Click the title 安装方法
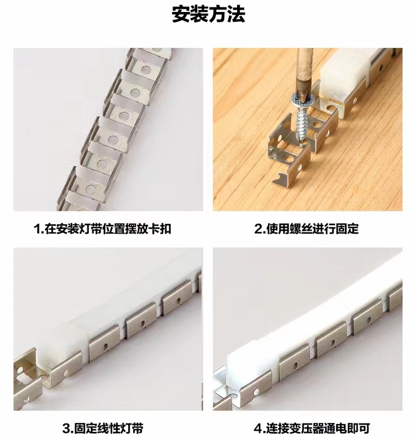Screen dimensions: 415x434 209,15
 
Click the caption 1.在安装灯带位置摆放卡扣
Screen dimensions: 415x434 102,229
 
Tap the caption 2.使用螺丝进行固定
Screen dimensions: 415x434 307,229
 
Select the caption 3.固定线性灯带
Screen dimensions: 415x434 103,428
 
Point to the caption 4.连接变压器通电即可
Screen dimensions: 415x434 312,428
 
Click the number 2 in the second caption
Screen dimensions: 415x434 258,229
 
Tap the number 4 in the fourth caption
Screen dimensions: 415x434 258,428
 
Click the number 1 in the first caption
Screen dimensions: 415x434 37,229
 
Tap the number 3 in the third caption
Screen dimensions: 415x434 66,428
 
